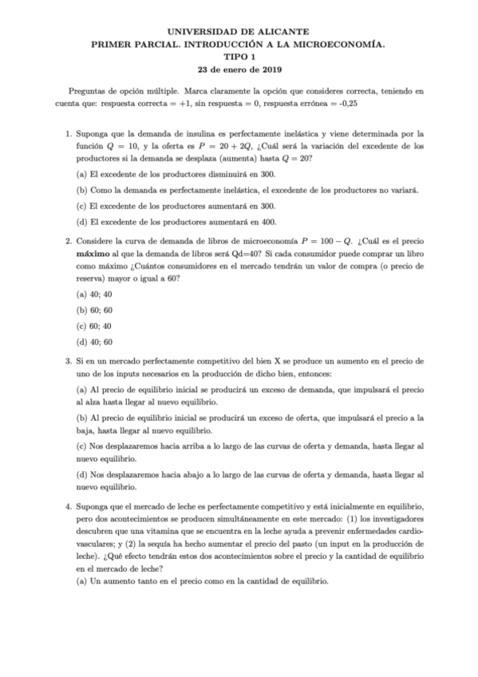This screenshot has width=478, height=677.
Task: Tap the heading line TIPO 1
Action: [239, 57]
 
